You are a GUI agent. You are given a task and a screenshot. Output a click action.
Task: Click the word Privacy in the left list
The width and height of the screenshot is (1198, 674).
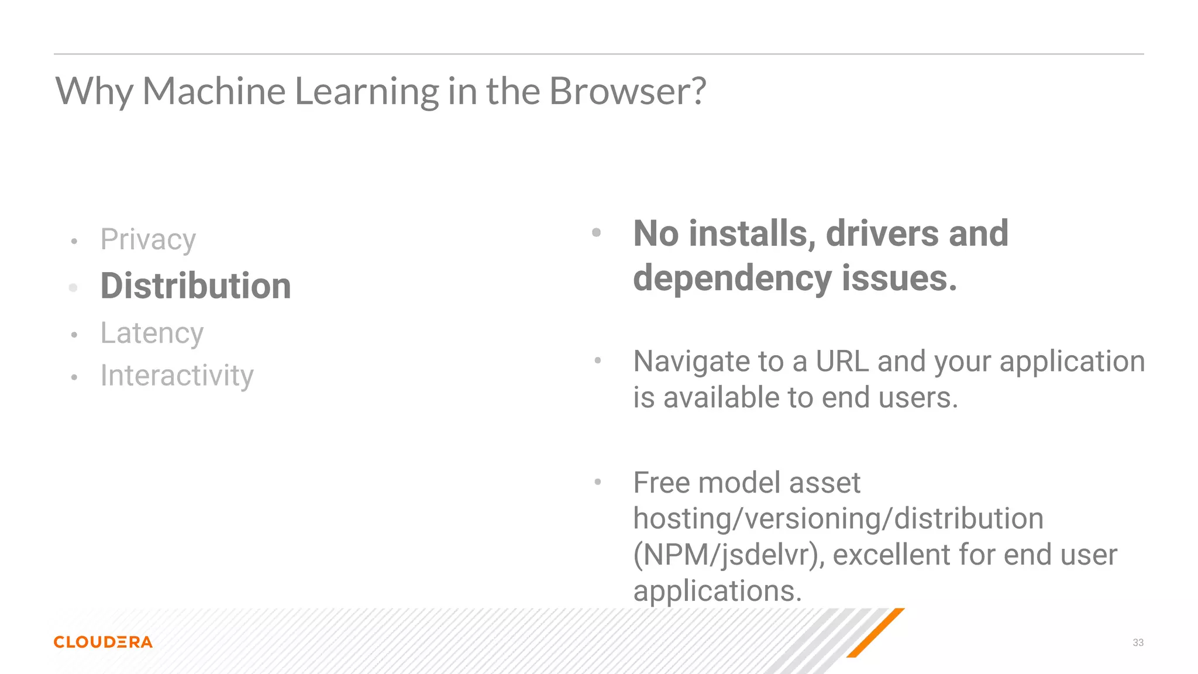point(148,240)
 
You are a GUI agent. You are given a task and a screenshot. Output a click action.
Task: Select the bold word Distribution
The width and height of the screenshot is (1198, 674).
point(196,286)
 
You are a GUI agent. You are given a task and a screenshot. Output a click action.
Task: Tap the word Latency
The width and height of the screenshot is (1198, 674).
point(152,333)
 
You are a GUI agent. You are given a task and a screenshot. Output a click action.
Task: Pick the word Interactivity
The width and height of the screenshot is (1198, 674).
point(177,376)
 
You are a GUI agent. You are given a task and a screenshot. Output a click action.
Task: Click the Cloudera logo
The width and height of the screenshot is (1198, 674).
point(103,642)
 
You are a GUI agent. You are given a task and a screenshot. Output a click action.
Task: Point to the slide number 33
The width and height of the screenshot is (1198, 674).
point(1138,642)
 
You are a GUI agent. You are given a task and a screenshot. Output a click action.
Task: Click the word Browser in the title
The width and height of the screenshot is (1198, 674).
point(627,91)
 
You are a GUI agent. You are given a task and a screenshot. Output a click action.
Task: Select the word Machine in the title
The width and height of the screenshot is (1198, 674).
point(214,91)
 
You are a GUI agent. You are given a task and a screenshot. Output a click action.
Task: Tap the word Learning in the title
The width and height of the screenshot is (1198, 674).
point(367,92)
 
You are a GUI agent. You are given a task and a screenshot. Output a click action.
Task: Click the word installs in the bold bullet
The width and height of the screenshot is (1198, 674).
point(752,234)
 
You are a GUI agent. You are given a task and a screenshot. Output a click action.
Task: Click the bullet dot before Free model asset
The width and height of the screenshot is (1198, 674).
point(598,482)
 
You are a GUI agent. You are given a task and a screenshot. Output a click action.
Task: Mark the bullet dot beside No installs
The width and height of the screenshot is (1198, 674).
point(597,233)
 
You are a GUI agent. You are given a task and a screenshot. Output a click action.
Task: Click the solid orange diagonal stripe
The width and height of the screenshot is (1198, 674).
point(876,632)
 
